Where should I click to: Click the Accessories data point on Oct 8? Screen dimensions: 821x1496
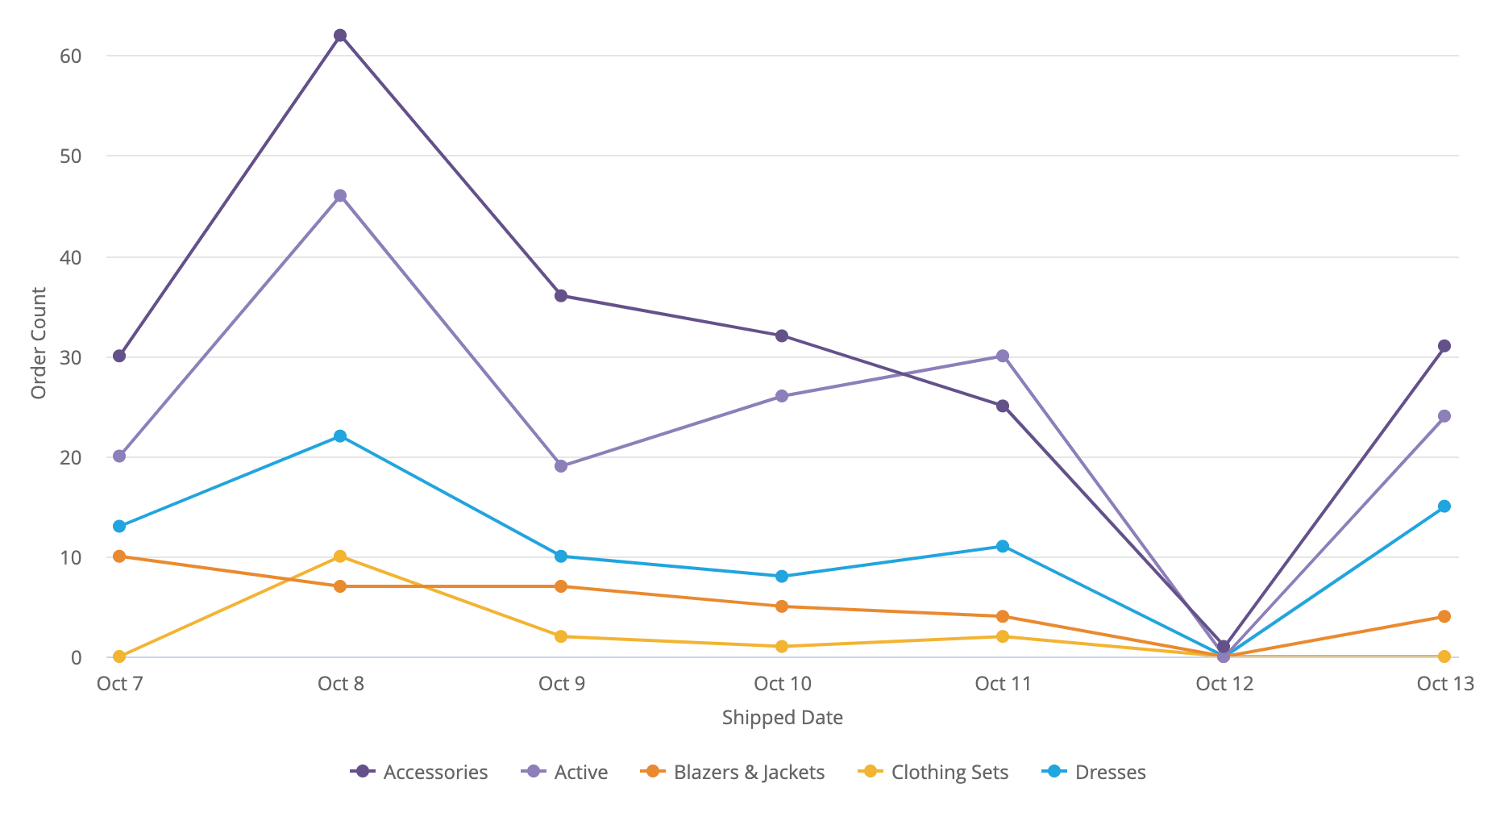coord(340,35)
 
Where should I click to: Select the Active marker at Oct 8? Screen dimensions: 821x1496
coord(340,196)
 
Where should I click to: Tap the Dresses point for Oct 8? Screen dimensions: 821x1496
coord(340,436)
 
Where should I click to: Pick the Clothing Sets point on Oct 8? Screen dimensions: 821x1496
coord(340,556)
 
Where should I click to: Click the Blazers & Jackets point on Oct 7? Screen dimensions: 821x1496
coord(119,556)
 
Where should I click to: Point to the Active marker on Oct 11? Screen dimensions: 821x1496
coord(1003,356)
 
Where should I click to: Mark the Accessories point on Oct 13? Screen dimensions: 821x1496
coord(1444,346)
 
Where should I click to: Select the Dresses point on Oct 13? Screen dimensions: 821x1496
coord(1444,506)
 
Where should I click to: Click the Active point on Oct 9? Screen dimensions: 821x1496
coord(561,466)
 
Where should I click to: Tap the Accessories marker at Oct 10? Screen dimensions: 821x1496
coord(782,335)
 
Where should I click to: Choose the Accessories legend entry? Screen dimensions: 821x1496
coord(420,772)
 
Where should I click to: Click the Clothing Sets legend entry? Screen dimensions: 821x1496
coord(934,772)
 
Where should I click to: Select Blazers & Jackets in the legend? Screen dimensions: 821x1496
coord(733,772)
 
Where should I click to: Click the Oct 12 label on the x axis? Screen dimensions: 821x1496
coord(1224,684)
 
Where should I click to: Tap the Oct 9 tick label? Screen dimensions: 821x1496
coord(562,684)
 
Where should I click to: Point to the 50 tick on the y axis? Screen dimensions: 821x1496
coord(71,156)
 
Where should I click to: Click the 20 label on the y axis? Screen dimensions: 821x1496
coord(71,458)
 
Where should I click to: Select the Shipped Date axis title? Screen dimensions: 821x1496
coord(782,718)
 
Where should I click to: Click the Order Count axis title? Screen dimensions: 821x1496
coord(38,343)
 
